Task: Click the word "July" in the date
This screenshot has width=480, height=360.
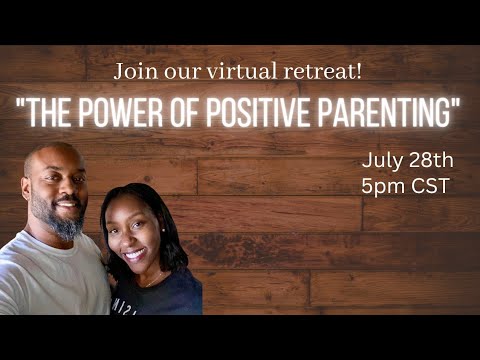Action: tap(382, 160)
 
